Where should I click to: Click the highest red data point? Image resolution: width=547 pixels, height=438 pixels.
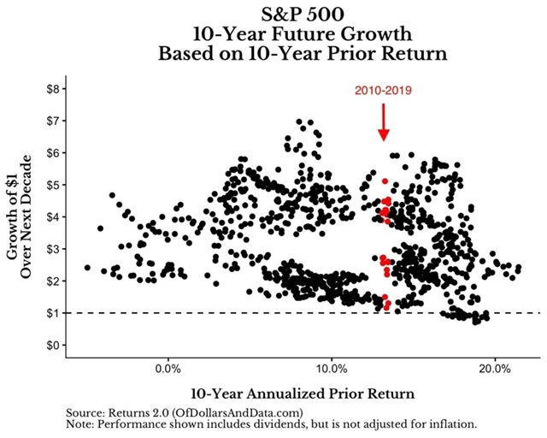[385, 181]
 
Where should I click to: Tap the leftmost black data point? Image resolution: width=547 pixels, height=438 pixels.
[87, 268]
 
